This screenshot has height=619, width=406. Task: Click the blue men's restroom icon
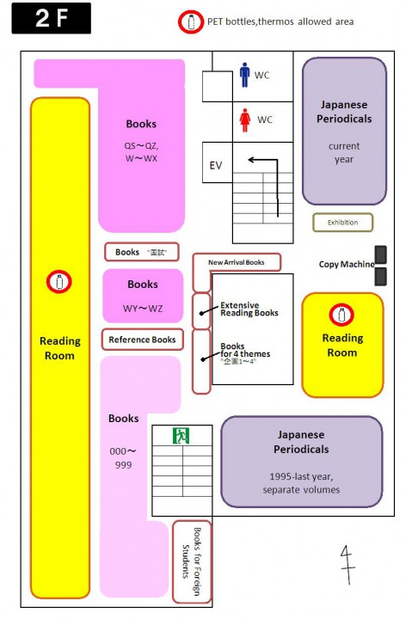pos(245,75)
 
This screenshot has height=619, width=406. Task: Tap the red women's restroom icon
pos(245,120)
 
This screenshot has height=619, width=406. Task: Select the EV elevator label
pos(216,165)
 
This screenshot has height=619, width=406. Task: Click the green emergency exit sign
pos(181,435)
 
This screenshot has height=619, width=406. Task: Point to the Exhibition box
pos(343,223)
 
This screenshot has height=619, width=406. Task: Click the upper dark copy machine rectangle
pos(381,254)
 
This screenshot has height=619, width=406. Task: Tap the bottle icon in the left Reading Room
pos(59,282)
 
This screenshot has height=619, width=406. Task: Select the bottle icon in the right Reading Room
pos(341,315)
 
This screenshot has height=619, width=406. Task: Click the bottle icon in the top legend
pos(191,21)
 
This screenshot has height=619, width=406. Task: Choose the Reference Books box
pos(143,340)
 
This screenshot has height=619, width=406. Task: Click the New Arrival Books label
pos(237,262)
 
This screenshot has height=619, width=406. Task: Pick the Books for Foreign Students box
pos(193,561)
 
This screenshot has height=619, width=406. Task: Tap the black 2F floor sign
pos(52,18)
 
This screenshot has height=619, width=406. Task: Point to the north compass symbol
pos(348,565)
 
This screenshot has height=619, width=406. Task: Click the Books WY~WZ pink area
pos(143,296)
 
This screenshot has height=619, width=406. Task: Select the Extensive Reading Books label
pos(249,309)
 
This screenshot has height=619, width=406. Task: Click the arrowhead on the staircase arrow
pos(251,160)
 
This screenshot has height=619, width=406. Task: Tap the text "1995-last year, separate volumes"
pos(301,483)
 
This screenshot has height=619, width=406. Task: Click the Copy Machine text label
pos(347,264)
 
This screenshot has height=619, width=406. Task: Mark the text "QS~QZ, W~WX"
pos(141,152)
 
